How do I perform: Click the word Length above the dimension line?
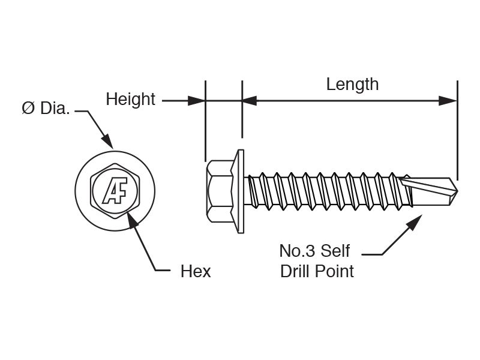[352, 85]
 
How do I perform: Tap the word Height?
[130, 100]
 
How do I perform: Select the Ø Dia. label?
[46, 108]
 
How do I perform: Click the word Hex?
[196, 271]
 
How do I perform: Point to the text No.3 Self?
[314, 251]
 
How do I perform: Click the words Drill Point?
[317, 271]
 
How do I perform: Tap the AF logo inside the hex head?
[115, 191]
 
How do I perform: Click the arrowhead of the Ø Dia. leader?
[108, 142]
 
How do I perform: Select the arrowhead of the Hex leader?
[131, 219]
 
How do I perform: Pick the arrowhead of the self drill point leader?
[415, 221]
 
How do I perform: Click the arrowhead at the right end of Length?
[448, 100]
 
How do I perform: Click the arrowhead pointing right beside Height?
[196, 100]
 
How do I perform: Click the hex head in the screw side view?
[220, 191]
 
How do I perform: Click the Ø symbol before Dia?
[28, 108]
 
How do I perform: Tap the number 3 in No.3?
[310, 251]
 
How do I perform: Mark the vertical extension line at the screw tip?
[457, 130]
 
